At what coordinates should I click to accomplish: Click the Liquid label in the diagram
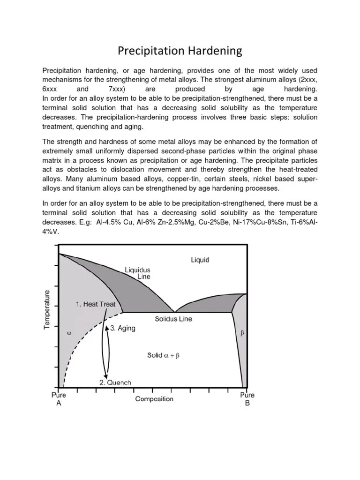coord(200,260)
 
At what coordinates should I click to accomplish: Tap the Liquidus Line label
coord(137,273)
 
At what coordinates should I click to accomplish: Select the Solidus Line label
coord(173,319)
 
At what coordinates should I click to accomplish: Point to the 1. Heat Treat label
coord(96,304)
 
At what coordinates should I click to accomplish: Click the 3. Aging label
coord(123,329)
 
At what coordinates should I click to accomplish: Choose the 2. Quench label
coord(115,382)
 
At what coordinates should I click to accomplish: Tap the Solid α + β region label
coord(163,356)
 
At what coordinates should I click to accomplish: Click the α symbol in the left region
coord(69,334)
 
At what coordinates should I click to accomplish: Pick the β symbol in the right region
coord(242,333)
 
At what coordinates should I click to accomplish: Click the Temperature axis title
coord(47,309)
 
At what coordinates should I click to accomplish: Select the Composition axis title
coord(154,399)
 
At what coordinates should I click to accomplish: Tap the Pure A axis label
coord(59,399)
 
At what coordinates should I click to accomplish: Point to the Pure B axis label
coord(247,399)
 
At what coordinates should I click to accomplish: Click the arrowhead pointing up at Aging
coord(107,329)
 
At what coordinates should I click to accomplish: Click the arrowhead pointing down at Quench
coord(106,376)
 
